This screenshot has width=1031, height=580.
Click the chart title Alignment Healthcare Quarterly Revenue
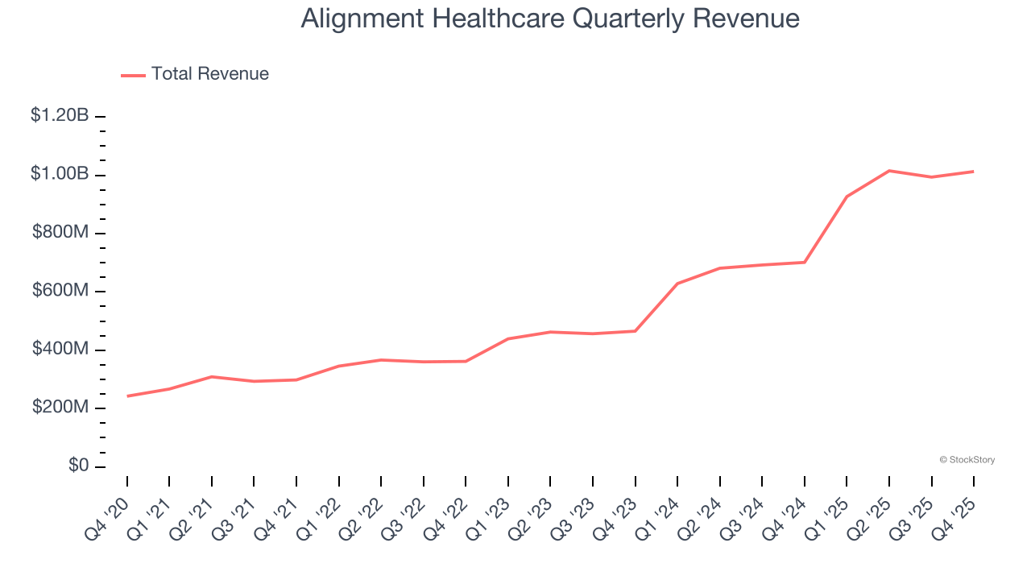(550, 19)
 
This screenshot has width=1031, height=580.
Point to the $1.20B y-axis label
(60, 116)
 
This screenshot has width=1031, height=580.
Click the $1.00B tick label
(60, 174)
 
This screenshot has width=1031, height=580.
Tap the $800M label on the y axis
(60, 233)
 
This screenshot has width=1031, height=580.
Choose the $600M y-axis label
(60, 291)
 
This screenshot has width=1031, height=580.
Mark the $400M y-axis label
(60, 350)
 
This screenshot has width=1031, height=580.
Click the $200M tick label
(60, 408)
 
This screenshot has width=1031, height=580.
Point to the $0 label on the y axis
(77, 466)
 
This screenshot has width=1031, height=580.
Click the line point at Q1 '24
(677, 284)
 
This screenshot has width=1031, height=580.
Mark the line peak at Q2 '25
(889, 171)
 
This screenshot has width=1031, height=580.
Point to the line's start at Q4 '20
(127, 396)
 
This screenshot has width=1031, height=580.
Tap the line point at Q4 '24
(805, 262)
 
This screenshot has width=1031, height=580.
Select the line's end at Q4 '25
(974, 172)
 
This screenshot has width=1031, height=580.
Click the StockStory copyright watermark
(967, 460)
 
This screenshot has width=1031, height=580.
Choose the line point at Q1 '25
(847, 197)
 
